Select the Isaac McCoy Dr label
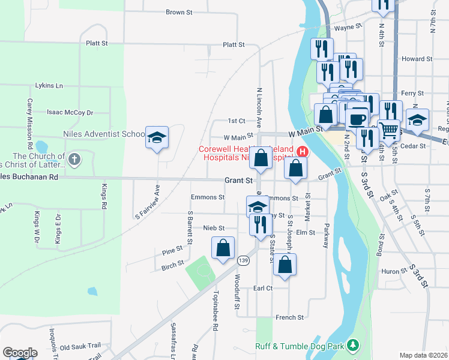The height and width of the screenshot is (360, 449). [70, 112]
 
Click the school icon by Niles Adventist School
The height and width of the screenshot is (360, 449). [157, 137]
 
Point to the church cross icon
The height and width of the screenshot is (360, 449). [74, 159]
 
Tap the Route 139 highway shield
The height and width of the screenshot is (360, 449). [243, 260]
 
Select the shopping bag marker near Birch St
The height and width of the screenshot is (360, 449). [223, 248]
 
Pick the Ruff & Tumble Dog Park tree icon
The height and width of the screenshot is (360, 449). [354, 345]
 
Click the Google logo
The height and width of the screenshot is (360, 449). [20, 353]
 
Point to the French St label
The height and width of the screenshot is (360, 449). [290, 317]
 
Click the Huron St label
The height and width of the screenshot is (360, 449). [394, 271]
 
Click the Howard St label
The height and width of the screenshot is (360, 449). [417, 59]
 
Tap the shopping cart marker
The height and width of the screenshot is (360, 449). [389, 130]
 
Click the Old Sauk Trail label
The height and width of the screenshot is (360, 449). [81, 347]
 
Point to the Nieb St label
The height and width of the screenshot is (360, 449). [214, 228]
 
